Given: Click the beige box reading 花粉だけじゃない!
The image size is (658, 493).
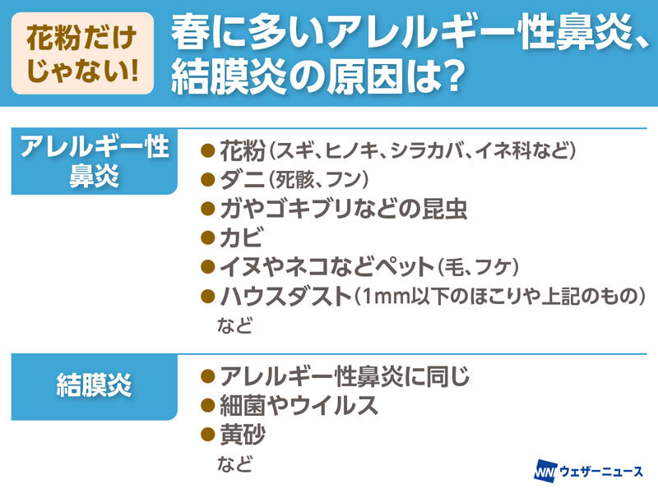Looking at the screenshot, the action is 82,53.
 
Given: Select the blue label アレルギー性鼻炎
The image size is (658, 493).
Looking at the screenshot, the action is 94,161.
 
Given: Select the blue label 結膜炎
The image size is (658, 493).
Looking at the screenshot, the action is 94,387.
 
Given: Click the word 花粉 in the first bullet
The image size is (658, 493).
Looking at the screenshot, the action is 243,150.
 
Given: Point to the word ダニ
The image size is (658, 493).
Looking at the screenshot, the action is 242,180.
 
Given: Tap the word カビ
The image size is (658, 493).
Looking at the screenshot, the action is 242,237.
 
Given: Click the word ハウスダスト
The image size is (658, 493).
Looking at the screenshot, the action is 285,296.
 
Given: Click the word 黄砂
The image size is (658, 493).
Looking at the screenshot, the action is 243,435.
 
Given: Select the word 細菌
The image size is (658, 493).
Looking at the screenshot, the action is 243,405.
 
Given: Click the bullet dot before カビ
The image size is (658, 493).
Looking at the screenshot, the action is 208,238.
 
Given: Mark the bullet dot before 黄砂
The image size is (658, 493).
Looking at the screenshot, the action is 208,435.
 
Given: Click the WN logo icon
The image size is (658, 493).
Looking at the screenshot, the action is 545,471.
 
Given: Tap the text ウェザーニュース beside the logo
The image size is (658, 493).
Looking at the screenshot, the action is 601,471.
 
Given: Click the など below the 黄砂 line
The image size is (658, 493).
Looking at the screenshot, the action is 234,463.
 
